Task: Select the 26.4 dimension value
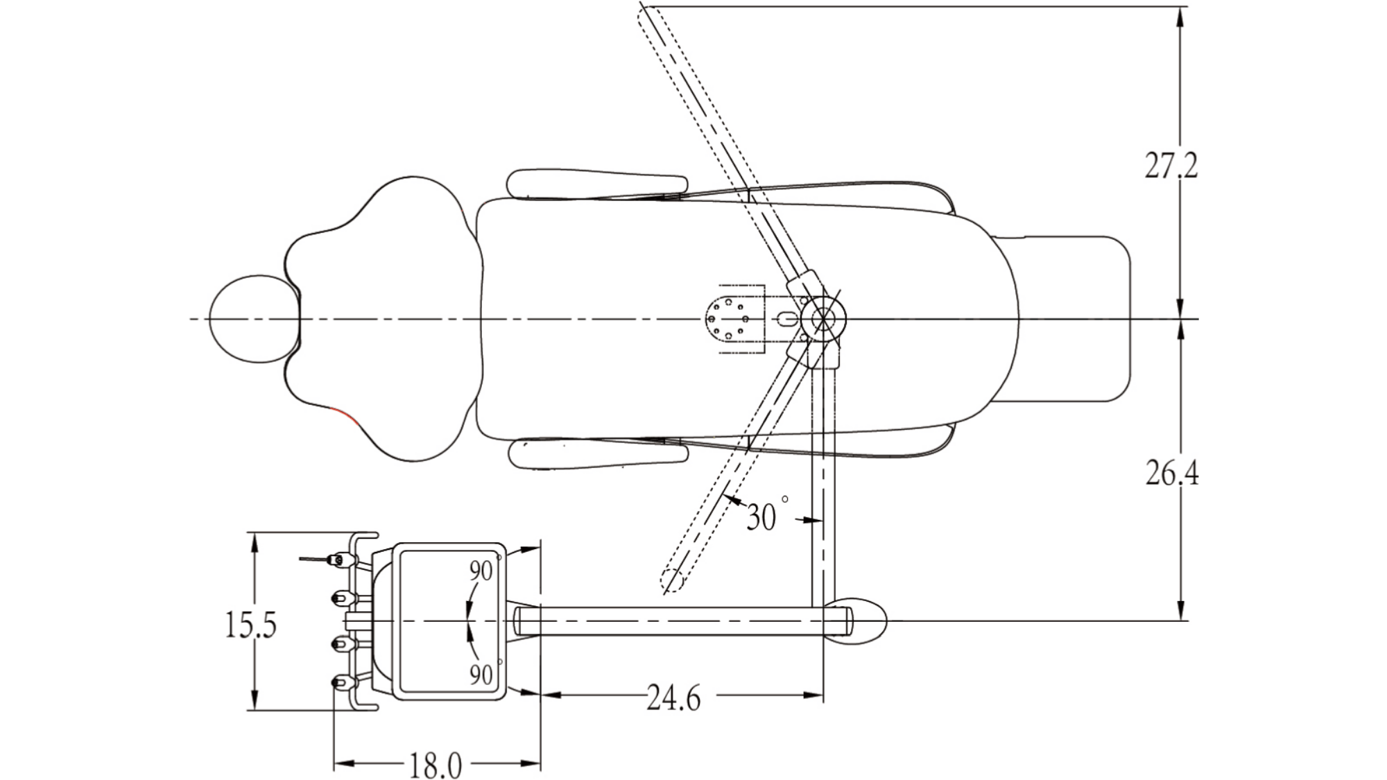1171,473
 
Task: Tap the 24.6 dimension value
673,697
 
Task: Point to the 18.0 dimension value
435,765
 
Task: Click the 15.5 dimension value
250,624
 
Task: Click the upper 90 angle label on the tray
481,571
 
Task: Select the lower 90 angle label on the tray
481,674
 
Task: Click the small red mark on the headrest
344,415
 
